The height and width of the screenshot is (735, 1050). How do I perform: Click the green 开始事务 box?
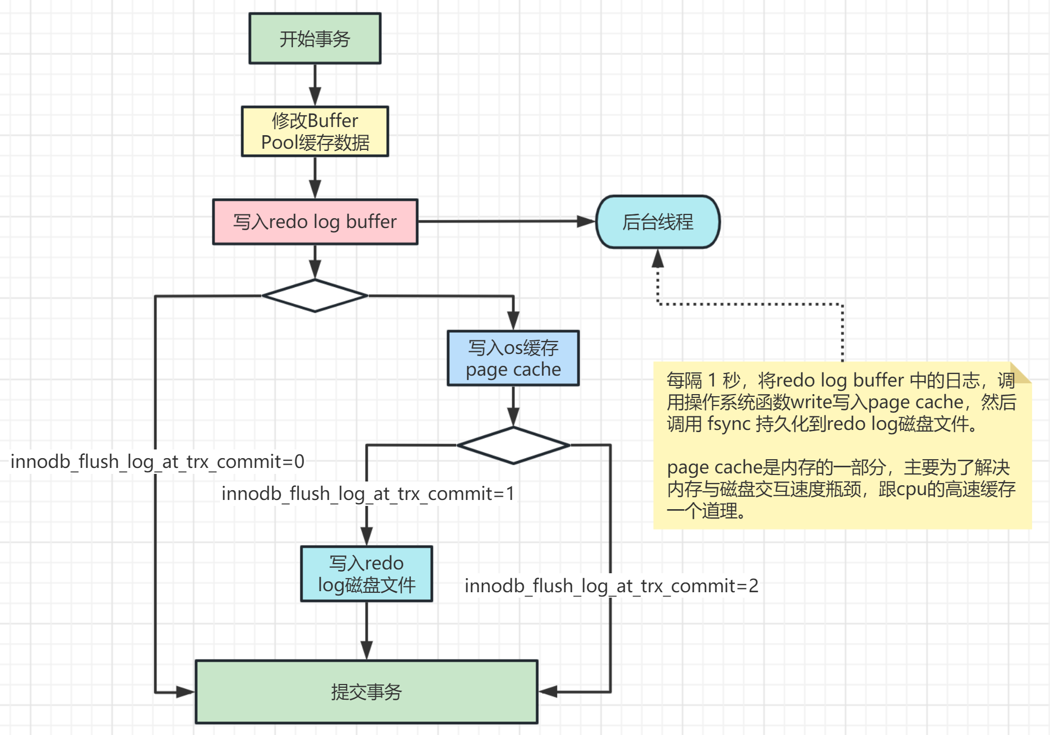click(315, 39)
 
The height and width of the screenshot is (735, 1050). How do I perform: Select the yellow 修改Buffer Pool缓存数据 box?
click(315, 131)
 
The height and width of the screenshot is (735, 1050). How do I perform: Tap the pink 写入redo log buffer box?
click(315, 221)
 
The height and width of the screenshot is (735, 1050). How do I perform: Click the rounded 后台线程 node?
click(657, 221)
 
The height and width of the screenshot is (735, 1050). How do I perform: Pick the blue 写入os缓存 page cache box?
click(513, 358)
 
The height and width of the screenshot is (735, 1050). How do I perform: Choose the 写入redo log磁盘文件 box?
click(366, 574)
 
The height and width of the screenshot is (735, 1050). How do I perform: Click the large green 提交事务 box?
click(366, 692)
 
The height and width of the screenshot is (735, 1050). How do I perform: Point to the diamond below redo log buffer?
click(315, 296)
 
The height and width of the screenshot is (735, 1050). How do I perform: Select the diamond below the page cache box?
click(513, 445)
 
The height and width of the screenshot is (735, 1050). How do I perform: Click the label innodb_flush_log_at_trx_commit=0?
click(157, 461)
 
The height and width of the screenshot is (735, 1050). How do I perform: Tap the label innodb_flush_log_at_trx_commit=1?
click(368, 493)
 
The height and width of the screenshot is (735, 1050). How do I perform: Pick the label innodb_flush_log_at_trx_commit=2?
click(611, 586)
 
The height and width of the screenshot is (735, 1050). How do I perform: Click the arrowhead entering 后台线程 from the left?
click(586, 221)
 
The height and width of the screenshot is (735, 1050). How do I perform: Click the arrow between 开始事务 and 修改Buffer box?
click(315, 86)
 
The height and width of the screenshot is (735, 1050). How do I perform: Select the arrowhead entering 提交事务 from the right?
click(548, 692)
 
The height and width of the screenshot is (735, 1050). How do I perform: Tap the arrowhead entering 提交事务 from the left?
click(185, 692)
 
